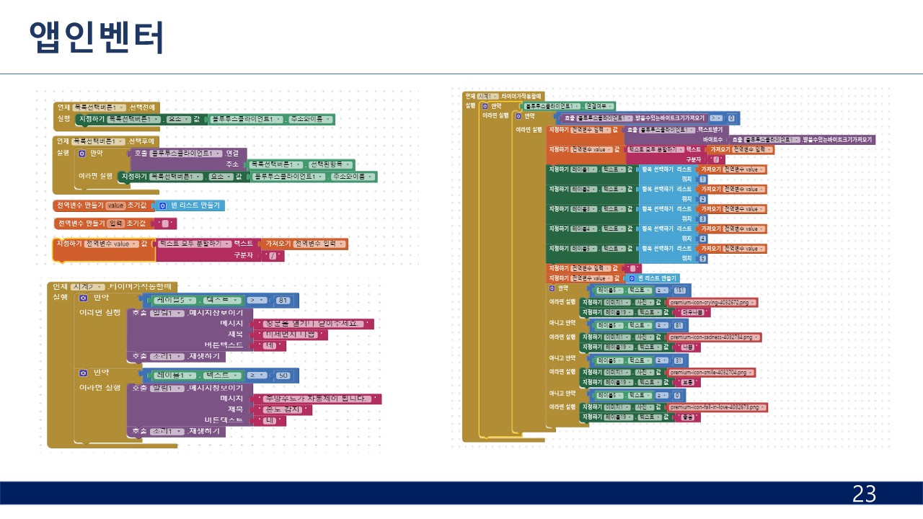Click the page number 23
tap(864, 494)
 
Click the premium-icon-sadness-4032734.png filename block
tap(714, 337)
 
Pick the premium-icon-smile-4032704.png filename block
tap(711, 372)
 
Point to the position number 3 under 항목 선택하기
tap(703, 218)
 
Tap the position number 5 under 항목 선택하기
tap(703, 258)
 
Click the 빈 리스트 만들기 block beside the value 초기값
tap(190, 205)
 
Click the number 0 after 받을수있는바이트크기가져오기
tap(731, 117)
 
